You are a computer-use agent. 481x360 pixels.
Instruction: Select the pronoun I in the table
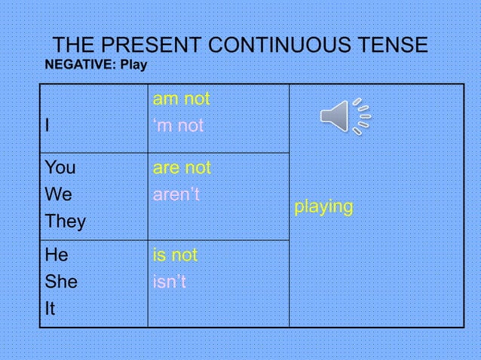[47, 126]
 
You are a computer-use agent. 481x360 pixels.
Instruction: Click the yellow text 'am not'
[181, 99]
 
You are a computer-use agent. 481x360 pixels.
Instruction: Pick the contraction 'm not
[178, 126]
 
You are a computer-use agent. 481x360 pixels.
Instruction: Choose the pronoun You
[60, 167]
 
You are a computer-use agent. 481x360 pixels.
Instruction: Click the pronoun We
[58, 194]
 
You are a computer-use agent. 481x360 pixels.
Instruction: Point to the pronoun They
[65, 222]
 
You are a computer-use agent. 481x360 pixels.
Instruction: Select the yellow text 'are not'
[182, 167]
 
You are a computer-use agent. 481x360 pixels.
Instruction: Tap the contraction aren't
[176, 194]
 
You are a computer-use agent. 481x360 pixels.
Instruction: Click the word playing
[323, 206]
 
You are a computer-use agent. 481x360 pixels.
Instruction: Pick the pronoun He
[57, 255]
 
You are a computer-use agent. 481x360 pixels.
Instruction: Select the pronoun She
[61, 282]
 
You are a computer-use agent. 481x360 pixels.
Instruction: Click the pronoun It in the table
[51, 310]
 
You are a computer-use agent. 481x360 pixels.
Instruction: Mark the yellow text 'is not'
[175, 255]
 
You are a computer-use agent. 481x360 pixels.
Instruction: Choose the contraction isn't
[169, 282]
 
